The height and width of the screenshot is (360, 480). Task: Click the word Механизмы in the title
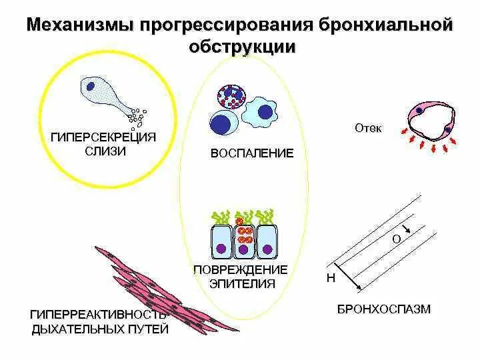tap(79, 26)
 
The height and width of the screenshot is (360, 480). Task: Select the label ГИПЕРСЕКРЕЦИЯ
tap(103, 137)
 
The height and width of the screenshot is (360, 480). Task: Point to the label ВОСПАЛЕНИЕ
tap(251, 153)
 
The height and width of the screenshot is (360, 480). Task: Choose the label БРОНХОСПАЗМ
tap(383, 309)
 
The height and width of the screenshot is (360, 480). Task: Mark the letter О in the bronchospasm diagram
tap(395, 239)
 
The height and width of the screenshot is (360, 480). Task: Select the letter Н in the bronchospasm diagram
tap(331, 279)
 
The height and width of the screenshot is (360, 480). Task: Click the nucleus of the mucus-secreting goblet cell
tap(90, 85)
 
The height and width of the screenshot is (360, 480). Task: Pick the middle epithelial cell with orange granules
tap(245, 239)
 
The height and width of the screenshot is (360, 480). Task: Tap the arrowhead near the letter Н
tap(360, 288)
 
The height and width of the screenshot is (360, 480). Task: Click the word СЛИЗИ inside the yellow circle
tap(105, 151)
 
